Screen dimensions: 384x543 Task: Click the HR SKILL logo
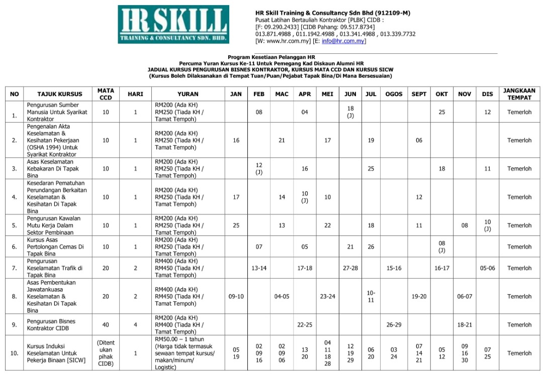coord(173,24)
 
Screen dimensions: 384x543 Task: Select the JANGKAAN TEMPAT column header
coord(519,94)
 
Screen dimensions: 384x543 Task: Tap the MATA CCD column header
coord(106,94)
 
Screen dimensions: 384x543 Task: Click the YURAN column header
coord(188,94)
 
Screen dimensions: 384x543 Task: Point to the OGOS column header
coord(394,94)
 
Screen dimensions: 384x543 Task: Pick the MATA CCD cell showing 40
coord(106,325)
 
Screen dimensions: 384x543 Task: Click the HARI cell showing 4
coord(135,325)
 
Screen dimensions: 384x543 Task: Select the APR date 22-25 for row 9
coord(305,325)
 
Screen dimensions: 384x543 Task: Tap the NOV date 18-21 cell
coord(465,325)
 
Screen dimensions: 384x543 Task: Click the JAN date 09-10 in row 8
coord(236,297)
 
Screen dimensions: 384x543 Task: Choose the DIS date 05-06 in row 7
coord(487,268)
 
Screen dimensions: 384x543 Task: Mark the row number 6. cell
coord(15,247)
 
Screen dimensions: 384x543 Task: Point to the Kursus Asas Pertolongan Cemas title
coord(55,247)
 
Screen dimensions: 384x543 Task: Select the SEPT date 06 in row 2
coord(419,141)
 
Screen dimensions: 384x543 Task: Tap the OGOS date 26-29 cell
coord(394,325)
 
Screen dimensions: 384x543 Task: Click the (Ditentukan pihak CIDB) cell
coord(106,353)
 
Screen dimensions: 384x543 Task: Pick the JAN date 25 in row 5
coord(236,226)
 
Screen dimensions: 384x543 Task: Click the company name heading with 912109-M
coord(332,13)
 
